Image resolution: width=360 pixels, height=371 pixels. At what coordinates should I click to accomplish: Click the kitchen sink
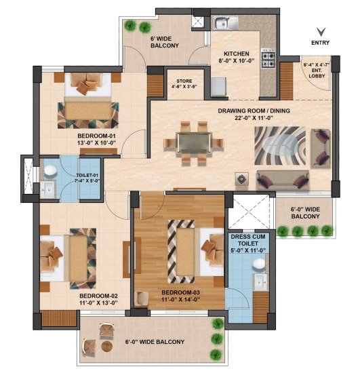(x=226, y=23)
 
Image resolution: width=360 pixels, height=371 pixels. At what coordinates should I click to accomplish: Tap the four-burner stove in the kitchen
(x=268, y=58)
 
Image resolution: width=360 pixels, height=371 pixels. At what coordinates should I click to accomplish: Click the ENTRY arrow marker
(x=321, y=32)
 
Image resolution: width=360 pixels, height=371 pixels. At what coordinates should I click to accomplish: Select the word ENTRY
(x=320, y=43)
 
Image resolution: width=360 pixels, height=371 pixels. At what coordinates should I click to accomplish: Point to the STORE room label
(x=184, y=81)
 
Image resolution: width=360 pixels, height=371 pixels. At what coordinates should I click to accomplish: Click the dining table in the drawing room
(x=194, y=143)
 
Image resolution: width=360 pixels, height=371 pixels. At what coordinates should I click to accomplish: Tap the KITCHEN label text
(x=237, y=54)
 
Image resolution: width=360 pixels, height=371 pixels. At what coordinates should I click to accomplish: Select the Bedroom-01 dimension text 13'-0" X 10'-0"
(x=96, y=142)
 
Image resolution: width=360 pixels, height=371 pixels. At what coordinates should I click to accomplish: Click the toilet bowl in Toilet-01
(x=50, y=170)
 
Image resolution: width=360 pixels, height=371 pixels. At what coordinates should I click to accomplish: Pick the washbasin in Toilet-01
(x=48, y=189)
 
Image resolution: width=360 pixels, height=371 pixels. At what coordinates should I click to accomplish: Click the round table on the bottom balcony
(x=106, y=347)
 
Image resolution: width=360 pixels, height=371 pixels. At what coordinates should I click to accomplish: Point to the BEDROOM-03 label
(x=181, y=293)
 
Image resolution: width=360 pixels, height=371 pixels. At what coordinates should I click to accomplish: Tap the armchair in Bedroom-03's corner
(x=142, y=299)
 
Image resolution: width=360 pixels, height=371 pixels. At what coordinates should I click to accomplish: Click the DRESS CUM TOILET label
(x=248, y=240)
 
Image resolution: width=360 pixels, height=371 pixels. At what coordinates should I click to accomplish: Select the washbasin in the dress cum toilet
(x=260, y=282)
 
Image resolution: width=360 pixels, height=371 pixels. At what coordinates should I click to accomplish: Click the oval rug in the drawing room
(x=280, y=146)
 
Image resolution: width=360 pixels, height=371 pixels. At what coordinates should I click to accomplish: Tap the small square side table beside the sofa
(x=241, y=179)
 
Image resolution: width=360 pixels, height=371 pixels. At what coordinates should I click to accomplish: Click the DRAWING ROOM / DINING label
(x=254, y=111)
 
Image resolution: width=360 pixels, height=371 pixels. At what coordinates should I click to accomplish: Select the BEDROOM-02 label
(x=98, y=296)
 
